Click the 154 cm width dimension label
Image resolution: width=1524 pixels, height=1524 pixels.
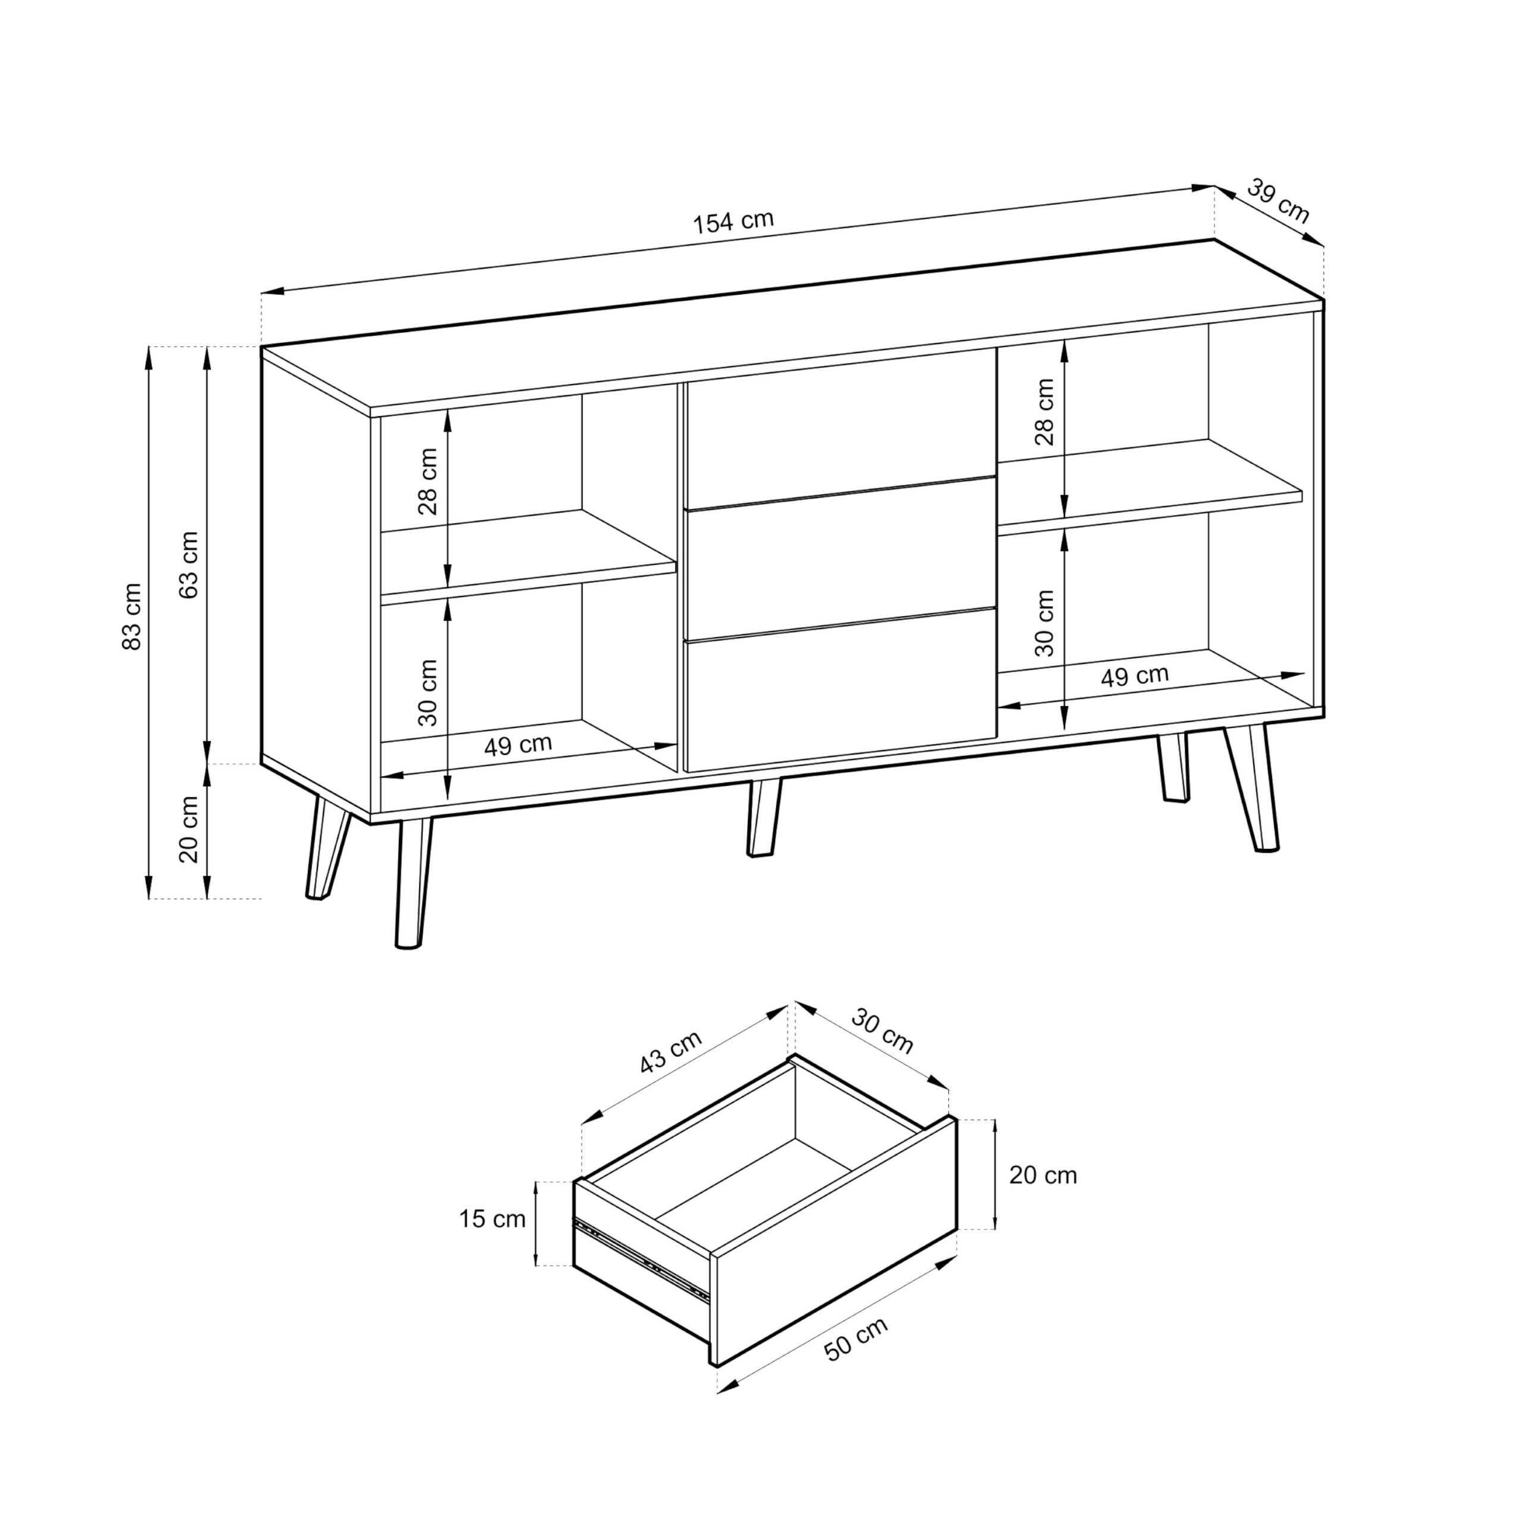(x=733, y=221)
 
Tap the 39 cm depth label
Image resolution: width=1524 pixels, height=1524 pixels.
(x=1279, y=202)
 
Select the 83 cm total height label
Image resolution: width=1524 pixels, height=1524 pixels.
(x=133, y=617)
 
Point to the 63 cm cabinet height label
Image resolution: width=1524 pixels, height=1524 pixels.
(x=189, y=565)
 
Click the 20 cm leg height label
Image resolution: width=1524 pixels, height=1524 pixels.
(x=189, y=830)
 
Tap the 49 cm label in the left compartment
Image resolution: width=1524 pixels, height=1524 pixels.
(x=519, y=745)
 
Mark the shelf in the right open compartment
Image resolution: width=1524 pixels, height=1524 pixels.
(x=1150, y=483)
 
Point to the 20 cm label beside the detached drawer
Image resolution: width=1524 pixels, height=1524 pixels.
(x=1043, y=1175)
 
